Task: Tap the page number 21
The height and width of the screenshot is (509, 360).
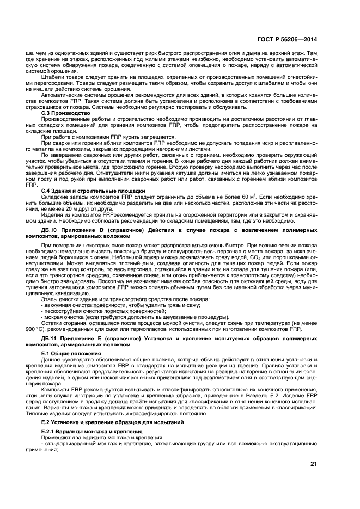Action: [313, 464]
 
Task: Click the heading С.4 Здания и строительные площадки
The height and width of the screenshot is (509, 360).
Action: [93, 191]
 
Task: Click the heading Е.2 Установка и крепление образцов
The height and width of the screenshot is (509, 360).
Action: [103, 421]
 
